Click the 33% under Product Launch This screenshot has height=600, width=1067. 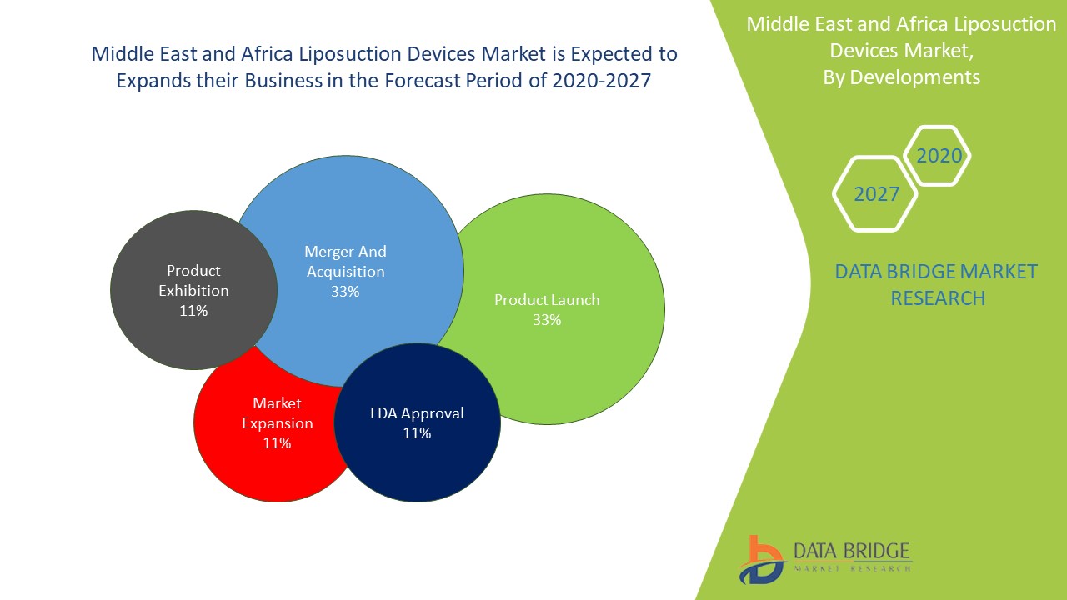tap(547, 320)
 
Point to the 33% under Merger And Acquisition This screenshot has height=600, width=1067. tap(345, 292)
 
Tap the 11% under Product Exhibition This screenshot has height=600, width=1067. tap(193, 311)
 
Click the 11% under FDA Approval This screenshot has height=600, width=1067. tap(417, 433)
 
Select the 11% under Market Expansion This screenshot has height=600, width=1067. tap(277, 443)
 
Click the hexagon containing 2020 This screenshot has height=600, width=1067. tap(939, 156)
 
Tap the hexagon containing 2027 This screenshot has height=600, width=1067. tap(876, 194)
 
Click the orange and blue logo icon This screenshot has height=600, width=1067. tap(760, 560)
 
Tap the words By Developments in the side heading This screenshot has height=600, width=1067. tap(901, 77)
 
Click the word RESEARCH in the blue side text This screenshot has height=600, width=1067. tap(938, 297)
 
